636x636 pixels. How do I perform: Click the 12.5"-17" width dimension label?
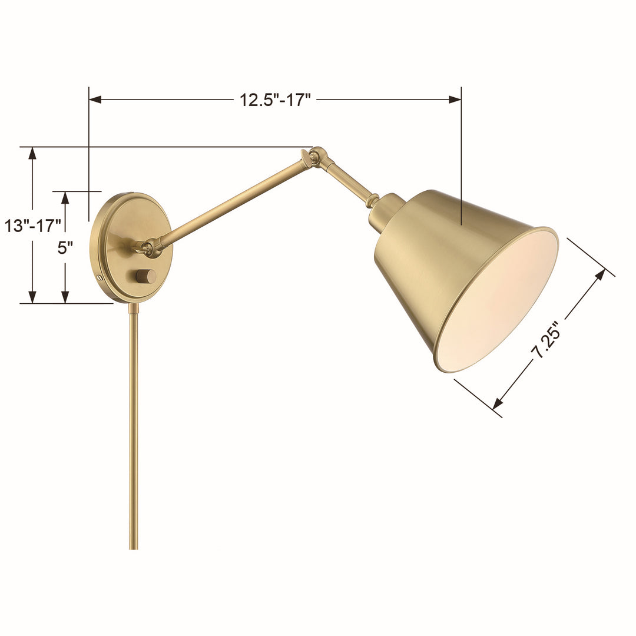pyautogui.click(x=275, y=100)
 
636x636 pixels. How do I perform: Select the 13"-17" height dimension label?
pyautogui.click(x=33, y=225)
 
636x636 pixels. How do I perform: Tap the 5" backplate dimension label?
pyautogui.click(x=65, y=247)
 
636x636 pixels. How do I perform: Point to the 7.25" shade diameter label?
pyautogui.click(x=545, y=342)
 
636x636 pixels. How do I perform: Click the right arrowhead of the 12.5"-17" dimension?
pyautogui.click(x=455, y=100)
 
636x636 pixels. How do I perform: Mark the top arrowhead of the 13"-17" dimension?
pyautogui.click(x=33, y=153)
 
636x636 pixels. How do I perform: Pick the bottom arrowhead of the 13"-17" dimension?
pyautogui.click(x=33, y=297)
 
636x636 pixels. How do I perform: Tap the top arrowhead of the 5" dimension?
pyautogui.click(x=65, y=198)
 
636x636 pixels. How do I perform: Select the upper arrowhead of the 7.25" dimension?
pyautogui.click(x=600, y=275)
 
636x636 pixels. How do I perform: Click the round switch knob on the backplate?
pyautogui.click(x=145, y=276)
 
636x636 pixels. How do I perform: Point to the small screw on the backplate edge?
pyautogui.click(x=100, y=277)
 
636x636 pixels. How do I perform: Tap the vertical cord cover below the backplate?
pyautogui.click(x=133, y=424)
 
